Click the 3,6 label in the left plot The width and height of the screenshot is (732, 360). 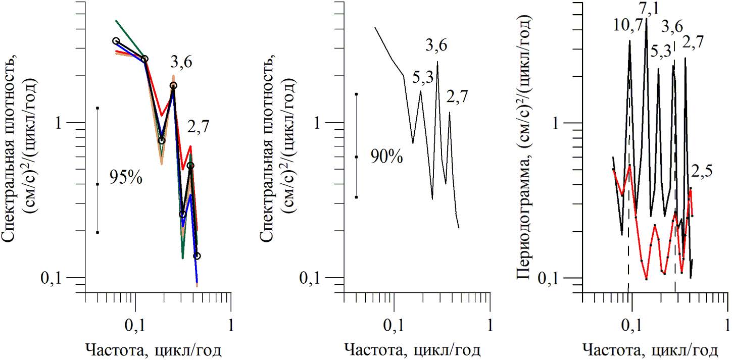coord(180,63)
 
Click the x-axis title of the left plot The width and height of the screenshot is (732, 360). coord(153,350)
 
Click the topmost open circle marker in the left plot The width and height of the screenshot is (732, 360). coord(116,41)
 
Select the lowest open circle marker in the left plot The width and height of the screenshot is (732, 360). coord(197,256)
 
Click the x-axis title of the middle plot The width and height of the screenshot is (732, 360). coord(412,350)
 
